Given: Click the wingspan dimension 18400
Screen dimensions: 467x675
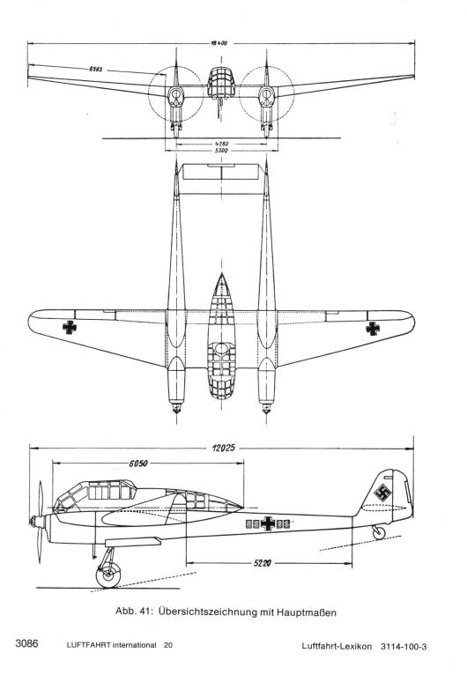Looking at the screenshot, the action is click(x=219, y=43).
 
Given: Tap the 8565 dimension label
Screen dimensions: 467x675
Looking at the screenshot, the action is click(x=95, y=69).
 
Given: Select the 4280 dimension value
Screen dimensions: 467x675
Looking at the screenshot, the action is click(x=221, y=144).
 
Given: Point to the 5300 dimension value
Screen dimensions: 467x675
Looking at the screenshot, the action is click(x=221, y=151).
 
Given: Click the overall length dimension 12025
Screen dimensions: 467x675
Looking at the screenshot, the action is click(x=224, y=449).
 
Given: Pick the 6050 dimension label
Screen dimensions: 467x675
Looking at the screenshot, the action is click(x=138, y=464).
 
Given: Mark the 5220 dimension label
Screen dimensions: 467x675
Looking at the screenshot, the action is click(x=262, y=562).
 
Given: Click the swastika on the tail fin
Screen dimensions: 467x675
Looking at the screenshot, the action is click(x=382, y=493).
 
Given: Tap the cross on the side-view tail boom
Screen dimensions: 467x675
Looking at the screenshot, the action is click(x=268, y=523).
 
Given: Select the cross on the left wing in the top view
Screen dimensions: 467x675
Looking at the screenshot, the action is click(x=70, y=327).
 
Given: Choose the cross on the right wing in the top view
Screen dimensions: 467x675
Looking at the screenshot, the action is click(x=373, y=329).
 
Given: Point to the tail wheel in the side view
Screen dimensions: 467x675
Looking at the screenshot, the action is click(x=379, y=533).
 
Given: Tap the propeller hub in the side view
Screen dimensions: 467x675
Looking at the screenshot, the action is click(x=37, y=522).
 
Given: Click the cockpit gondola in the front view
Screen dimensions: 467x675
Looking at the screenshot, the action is click(x=221, y=83).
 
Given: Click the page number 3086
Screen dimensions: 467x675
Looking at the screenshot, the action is click(x=26, y=644).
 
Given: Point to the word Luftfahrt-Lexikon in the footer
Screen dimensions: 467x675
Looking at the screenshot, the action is click(x=337, y=646).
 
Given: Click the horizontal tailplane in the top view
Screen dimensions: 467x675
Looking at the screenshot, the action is click(x=221, y=171).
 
